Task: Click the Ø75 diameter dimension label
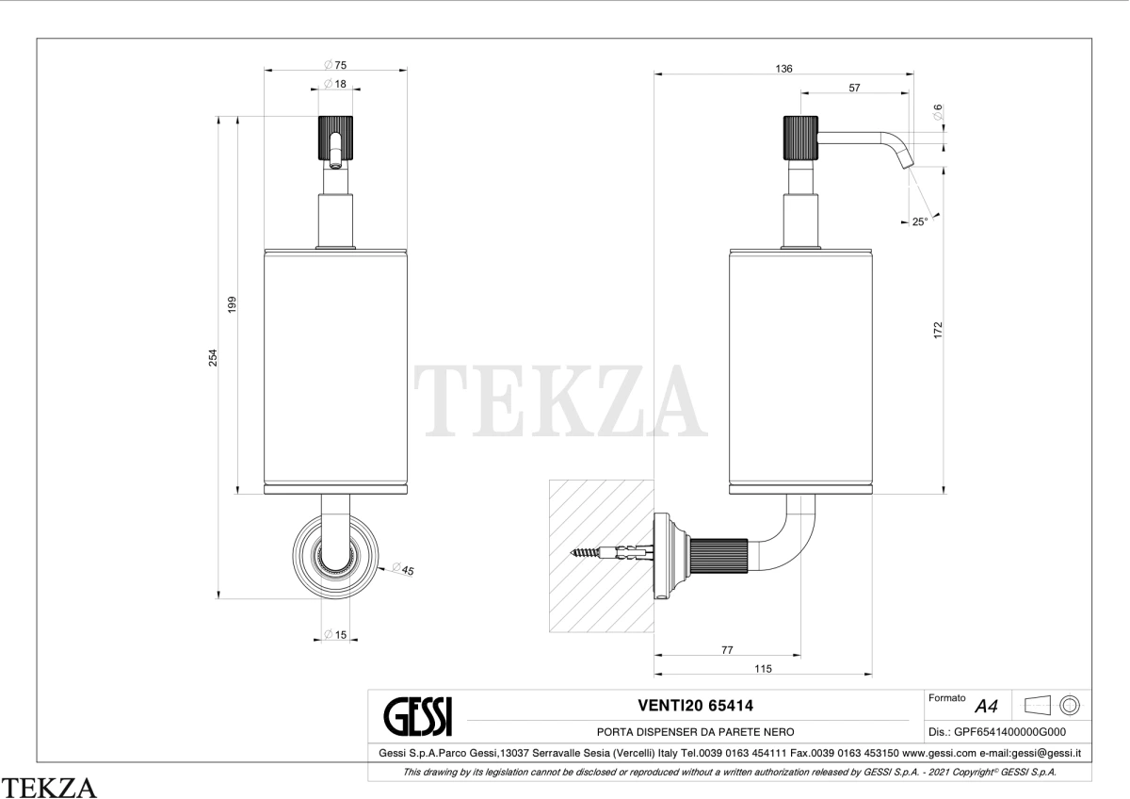pyautogui.click(x=335, y=65)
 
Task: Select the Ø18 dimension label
pyautogui.click(x=335, y=83)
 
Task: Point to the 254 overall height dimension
pyautogui.click(x=213, y=357)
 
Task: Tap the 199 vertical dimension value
pyautogui.click(x=232, y=304)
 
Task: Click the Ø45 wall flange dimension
pyautogui.click(x=403, y=569)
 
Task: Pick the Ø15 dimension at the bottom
pyautogui.click(x=335, y=634)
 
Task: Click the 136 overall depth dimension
pyautogui.click(x=783, y=69)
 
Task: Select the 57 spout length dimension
pyautogui.click(x=854, y=88)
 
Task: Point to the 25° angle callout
pyautogui.click(x=920, y=221)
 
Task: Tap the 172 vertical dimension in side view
pyautogui.click(x=937, y=330)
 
